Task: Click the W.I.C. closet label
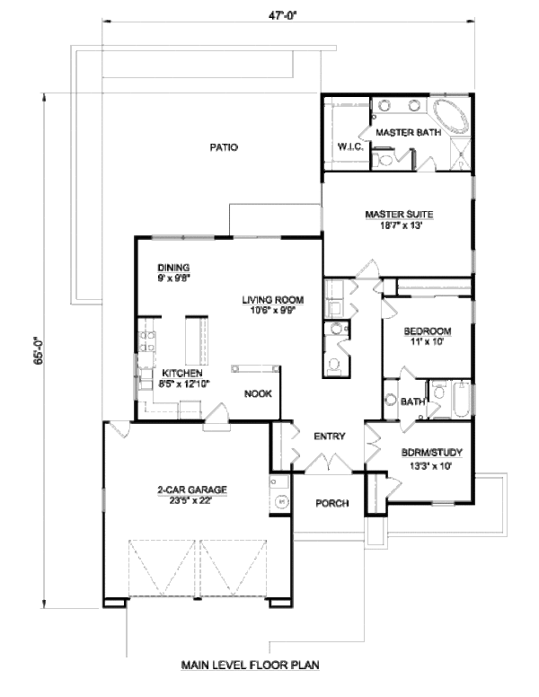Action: pyautogui.click(x=349, y=146)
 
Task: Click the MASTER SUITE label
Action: pyautogui.click(x=400, y=215)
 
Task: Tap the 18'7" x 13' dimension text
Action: pyautogui.click(x=400, y=225)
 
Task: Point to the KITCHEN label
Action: pyautogui.click(x=181, y=374)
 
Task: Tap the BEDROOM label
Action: pyautogui.click(x=428, y=331)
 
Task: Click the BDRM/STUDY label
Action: pyautogui.click(x=425, y=454)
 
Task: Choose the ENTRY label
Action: pyautogui.click(x=330, y=437)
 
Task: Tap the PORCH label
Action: pyautogui.click(x=331, y=503)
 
